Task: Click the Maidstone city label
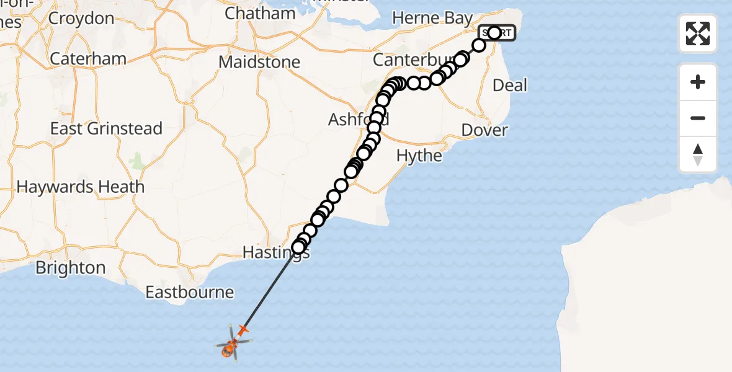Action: coord(259,63)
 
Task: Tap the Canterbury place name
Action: coord(406,60)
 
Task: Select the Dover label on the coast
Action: coord(484,130)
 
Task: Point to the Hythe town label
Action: coord(419,156)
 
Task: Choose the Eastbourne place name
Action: coord(189,292)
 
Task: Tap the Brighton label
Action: coord(70,268)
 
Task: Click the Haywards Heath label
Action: coord(81,187)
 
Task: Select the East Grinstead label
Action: coord(106,129)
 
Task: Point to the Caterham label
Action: coord(87,59)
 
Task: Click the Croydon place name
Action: coord(81,18)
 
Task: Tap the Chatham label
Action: coord(260,13)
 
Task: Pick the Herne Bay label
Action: coord(432,18)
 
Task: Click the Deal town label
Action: coord(509,85)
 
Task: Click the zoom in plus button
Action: coord(698,82)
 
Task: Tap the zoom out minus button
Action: coord(698,118)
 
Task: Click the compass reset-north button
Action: coord(698,154)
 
